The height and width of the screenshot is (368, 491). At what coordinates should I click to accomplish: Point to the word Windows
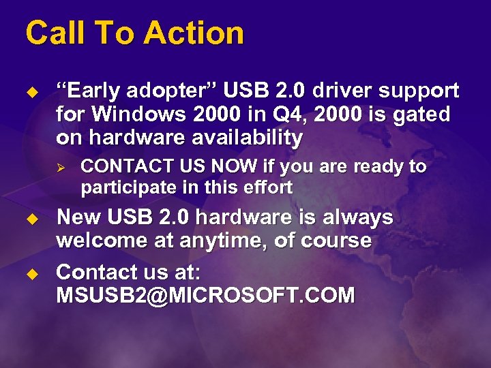click(x=130, y=114)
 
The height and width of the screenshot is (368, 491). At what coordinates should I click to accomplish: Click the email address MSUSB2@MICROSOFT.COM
click(x=205, y=295)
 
